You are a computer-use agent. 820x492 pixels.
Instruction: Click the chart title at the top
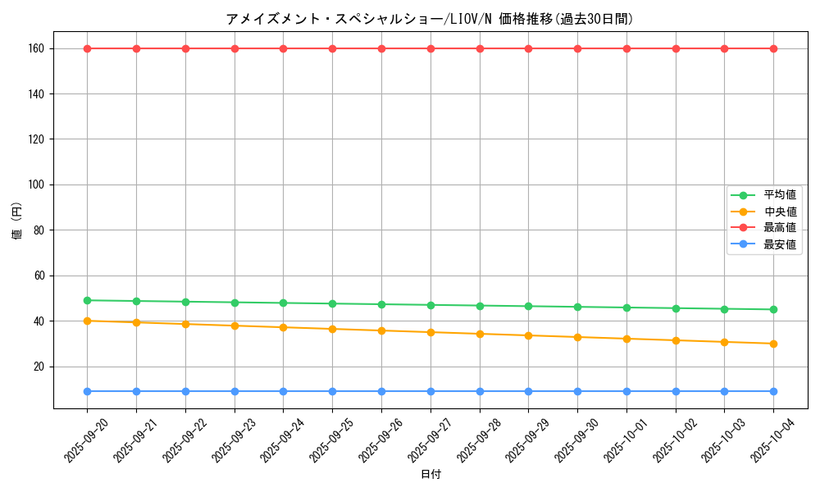coord(430,19)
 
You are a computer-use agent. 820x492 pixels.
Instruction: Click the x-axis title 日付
coord(430,475)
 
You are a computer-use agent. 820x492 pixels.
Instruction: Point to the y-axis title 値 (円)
coord(17,221)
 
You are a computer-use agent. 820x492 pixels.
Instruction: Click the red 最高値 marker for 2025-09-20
coord(87,48)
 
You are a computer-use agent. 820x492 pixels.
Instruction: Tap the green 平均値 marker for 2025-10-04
coord(773,309)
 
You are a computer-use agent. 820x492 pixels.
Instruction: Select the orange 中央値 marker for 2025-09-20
coord(87,321)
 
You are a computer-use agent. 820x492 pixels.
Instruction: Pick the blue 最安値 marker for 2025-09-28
coord(480,391)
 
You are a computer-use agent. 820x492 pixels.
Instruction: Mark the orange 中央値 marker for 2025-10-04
coord(773,344)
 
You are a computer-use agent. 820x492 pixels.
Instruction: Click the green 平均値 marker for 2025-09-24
coord(283,303)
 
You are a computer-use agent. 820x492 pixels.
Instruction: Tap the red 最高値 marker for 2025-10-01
coord(626,48)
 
